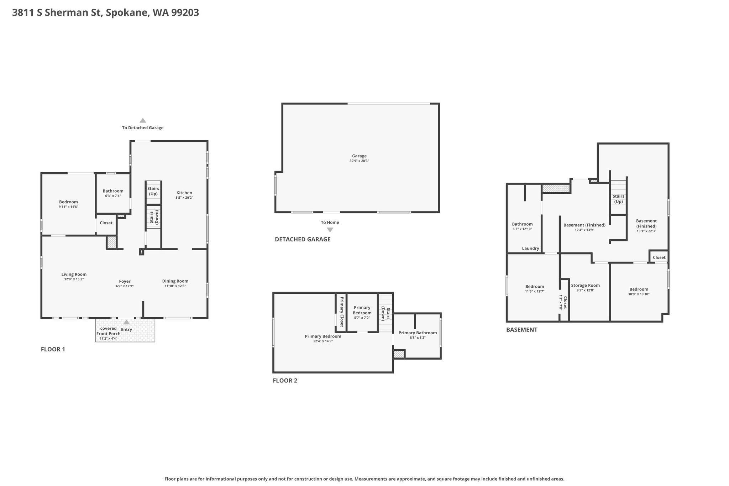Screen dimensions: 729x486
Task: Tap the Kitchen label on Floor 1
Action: pyautogui.click(x=184, y=193)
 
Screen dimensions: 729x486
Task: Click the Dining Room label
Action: pyautogui.click(x=175, y=281)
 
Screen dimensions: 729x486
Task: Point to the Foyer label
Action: pyautogui.click(x=125, y=281)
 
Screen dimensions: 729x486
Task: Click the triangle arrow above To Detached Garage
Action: pyautogui.click(x=143, y=120)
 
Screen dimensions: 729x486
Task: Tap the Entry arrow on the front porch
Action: pyautogui.click(x=126, y=322)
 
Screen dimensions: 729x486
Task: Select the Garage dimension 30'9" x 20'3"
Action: pyautogui.click(x=359, y=161)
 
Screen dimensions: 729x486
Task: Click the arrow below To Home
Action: pyautogui.click(x=330, y=230)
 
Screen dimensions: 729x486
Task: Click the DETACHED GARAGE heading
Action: pyautogui.click(x=303, y=239)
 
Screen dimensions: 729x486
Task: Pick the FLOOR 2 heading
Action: pyautogui.click(x=285, y=380)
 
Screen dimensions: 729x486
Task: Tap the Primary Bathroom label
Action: pyautogui.click(x=418, y=333)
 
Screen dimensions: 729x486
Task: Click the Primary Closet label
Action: pyautogui.click(x=342, y=312)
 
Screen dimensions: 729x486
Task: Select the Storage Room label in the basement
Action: pyautogui.click(x=585, y=285)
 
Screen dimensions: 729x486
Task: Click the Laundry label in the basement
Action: pyautogui.click(x=530, y=248)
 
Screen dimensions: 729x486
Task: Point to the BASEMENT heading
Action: pyautogui.click(x=521, y=330)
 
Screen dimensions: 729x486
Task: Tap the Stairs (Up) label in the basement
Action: pyautogui.click(x=618, y=199)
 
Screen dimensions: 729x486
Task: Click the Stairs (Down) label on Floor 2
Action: pyautogui.click(x=386, y=314)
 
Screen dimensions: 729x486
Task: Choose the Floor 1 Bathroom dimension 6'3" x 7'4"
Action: pyautogui.click(x=113, y=196)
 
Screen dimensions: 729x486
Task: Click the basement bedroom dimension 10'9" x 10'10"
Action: pyautogui.click(x=639, y=294)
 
